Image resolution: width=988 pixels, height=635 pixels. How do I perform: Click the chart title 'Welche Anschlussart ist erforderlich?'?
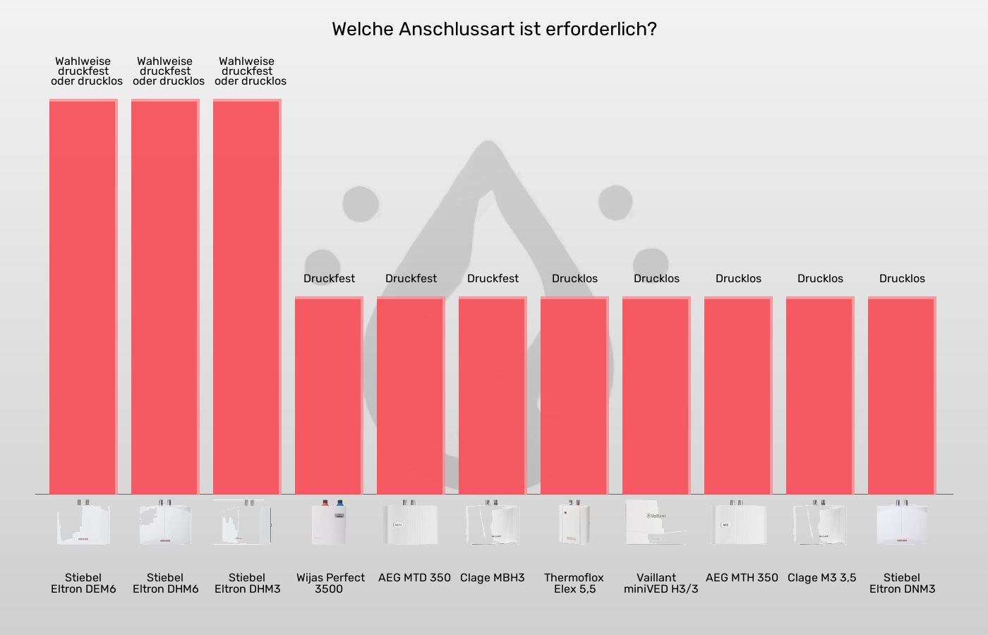494,29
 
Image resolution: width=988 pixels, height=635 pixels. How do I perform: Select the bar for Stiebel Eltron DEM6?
83,296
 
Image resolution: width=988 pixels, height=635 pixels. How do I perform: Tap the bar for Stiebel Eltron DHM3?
247,296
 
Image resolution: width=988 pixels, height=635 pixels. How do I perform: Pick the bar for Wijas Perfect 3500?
329,395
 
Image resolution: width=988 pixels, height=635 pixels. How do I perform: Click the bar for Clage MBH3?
493,395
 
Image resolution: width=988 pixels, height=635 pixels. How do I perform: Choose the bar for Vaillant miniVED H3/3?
656,395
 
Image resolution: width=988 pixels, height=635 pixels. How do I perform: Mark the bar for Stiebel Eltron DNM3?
902,395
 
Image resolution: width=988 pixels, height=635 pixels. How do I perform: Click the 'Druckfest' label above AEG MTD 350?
411,279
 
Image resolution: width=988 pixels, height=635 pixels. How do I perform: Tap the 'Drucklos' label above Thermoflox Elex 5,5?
574,279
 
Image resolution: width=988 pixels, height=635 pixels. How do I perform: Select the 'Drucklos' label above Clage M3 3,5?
820,279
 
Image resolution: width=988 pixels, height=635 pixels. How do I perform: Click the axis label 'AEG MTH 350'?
742,578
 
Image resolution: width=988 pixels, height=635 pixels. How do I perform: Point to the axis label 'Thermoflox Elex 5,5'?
574,583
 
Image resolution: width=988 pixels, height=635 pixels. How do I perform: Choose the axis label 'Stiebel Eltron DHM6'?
165,583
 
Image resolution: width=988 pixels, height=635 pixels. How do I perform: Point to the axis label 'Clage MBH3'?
493,578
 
